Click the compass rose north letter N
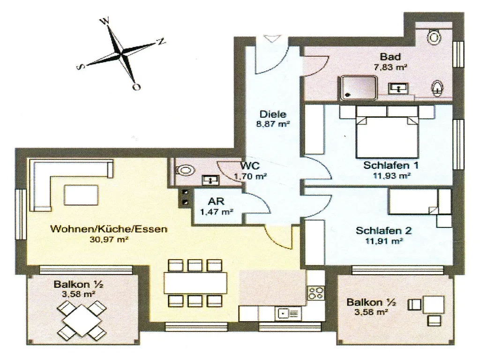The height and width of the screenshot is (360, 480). pos(161,41)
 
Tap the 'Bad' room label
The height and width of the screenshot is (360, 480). pos(390,57)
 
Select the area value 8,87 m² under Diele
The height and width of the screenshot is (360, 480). pos(273,124)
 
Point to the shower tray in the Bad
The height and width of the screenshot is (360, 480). pos(358,88)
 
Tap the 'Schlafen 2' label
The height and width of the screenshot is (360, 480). pos(383,231)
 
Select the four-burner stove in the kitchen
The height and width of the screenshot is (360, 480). pos(316,292)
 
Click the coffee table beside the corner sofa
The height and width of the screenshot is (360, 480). pos(82,195)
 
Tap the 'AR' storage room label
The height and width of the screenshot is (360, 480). pos(216,202)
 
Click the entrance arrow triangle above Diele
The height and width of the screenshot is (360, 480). pos(272,38)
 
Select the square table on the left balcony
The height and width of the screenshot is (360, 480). pos(82,318)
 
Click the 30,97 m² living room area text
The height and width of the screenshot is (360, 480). pos(109,240)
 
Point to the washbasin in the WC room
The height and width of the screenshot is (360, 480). pos(210,180)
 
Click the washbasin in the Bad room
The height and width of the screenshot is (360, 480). pos(398,89)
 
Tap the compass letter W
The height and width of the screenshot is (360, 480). pos(105,21)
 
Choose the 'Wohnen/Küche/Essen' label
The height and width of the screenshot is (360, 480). pos(109,229)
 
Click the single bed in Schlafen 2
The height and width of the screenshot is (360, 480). pos(419,201)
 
